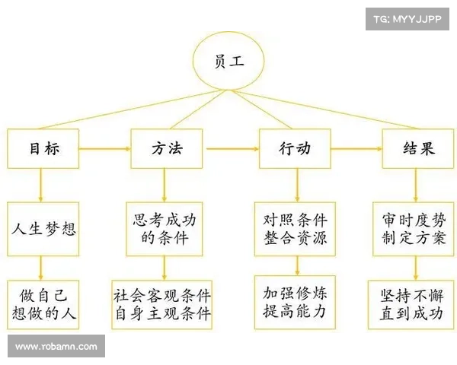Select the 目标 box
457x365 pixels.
tap(43, 149)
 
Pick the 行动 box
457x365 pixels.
tap(296, 149)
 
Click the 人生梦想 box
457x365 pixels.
tap(43, 228)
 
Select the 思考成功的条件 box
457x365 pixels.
tap(165, 228)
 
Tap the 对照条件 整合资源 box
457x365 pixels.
tap(296, 228)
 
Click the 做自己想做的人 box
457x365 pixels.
tap(43, 303)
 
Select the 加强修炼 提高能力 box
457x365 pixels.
tap(296, 303)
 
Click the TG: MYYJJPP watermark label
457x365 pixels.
tap(407, 18)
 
